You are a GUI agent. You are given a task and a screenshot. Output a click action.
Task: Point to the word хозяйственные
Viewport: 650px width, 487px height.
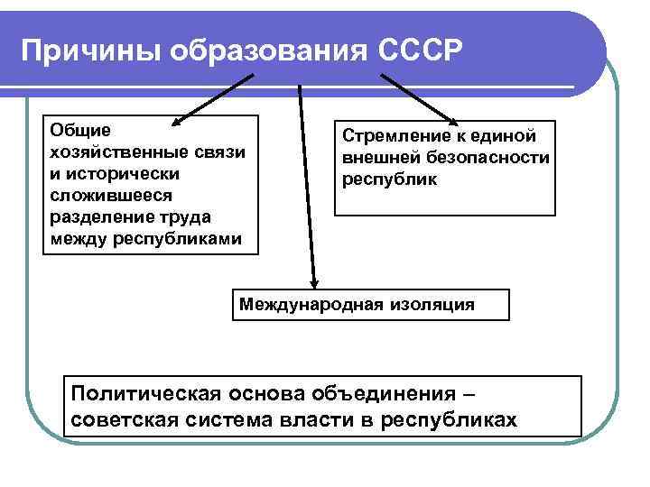[112, 152]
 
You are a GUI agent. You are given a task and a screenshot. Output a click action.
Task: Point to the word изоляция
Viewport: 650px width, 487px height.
[430, 304]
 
